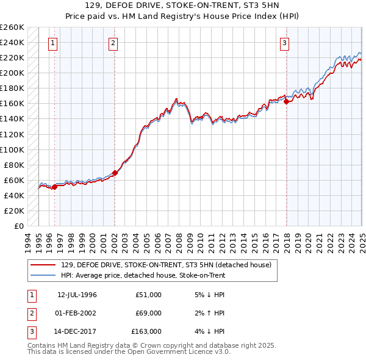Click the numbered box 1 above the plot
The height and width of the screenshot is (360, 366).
[x=54, y=43]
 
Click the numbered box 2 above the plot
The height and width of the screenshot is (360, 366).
[x=113, y=43]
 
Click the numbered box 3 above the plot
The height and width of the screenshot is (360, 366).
[x=285, y=43]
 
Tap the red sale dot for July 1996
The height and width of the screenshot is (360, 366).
[x=54, y=187]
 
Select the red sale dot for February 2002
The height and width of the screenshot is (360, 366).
[x=115, y=173]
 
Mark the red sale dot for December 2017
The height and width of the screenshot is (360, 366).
[x=286, y=101]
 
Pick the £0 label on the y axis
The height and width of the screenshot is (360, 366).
[x=18, y=226]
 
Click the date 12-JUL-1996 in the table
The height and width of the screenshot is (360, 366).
[x=77, y=295]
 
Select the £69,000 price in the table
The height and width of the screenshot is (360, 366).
[x=148, y=313]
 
